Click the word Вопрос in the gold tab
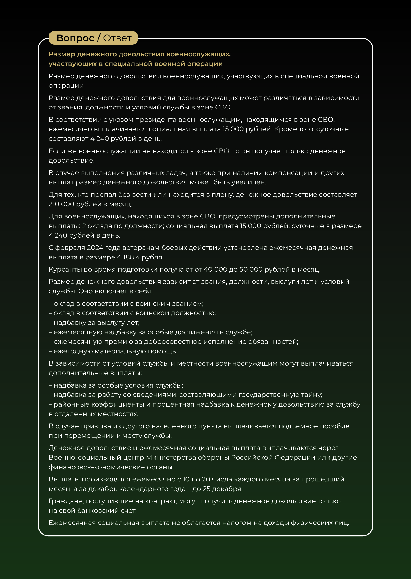point(75,38)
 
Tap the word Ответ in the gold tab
point(117,38)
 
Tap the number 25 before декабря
point(206,489)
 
